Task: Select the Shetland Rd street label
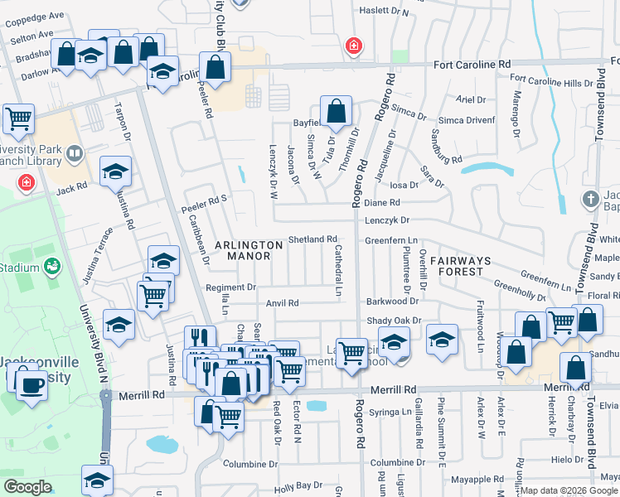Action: coord(312,239)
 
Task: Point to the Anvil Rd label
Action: coord(282,303)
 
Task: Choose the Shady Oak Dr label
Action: coord(395,321)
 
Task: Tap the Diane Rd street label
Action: coord(382,202)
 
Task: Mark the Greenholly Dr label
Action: coord(520,291)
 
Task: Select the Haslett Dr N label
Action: coord(384,12)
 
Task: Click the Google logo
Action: coord(27,487)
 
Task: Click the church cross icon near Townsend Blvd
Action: coord(589,199)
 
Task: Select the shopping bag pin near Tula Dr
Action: coord(337,111)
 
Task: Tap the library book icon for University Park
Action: coord(75,154)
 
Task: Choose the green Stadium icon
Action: coord(51,267)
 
